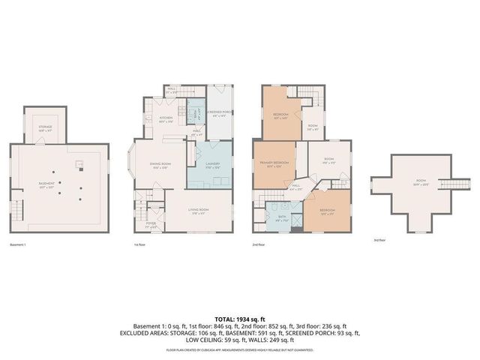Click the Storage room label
[46, 128]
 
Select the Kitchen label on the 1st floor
[166, 119]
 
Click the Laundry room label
[211, 166]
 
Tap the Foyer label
[150, 223]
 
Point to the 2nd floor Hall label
[296, 186]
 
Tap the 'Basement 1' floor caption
[18, 244]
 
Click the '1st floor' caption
[139, 244]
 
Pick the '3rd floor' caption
[379, 241]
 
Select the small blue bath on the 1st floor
[193, 114]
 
